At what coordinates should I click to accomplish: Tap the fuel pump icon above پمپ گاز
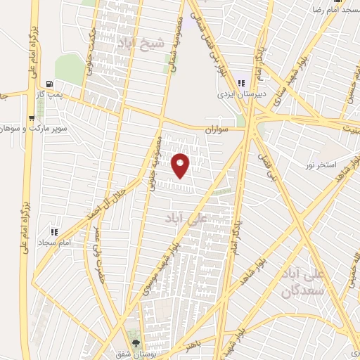pos(48,83)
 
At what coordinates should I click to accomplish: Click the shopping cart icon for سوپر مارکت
pos(32,119)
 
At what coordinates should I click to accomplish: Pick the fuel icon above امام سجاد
pos(53,231)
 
